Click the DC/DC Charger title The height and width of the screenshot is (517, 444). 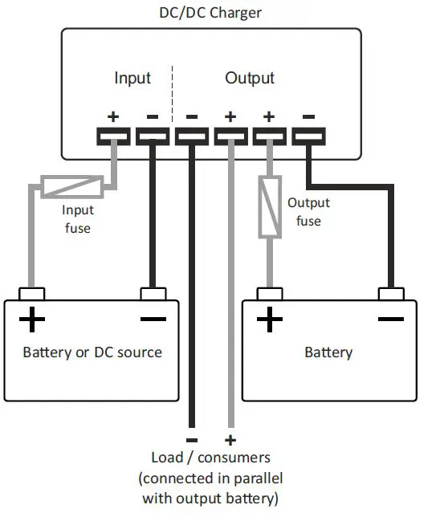click(211, 13)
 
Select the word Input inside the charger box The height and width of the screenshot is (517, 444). click(132, 78)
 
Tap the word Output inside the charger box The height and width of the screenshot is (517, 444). click(249, 78)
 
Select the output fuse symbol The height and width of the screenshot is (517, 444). click(268, 207)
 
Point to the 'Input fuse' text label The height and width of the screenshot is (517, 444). click(78, 219)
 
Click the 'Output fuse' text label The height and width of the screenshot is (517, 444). click(308, 211)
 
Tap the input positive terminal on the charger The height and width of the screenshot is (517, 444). click(113, 136)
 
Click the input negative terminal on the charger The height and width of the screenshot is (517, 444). click(152, 136)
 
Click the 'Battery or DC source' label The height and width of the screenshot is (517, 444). click(92, 352)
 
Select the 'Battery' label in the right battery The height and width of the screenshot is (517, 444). click(328, 352)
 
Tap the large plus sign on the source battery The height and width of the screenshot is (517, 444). click(32, 320)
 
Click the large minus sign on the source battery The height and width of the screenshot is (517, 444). click(152, 320)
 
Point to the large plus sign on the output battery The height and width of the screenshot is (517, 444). click(270, 320)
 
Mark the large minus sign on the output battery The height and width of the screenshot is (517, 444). click(390, 320)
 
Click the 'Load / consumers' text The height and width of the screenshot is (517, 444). click(210, 458)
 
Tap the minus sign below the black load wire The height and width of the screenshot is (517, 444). click(191, 440)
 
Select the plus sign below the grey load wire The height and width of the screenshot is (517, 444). click(230, 440)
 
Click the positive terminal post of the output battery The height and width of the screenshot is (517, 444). click(269, 294)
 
